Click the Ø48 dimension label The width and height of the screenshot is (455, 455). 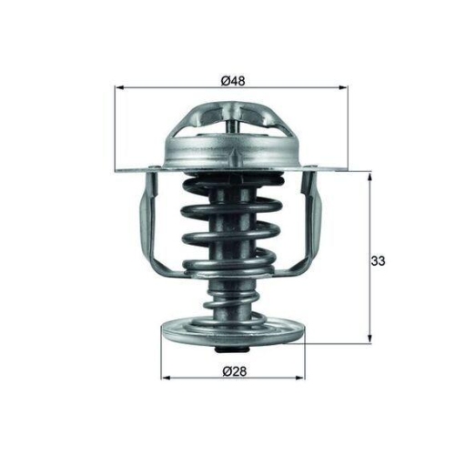[x=233, y=80]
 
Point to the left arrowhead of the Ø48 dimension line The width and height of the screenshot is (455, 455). [x=119, y=88]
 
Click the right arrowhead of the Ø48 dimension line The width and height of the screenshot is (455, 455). [x=346, y=88]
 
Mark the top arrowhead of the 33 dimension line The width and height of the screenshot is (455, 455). [x=369, y=175]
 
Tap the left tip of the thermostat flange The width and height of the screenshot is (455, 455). [x=122, y=169]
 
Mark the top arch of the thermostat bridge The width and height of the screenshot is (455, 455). [x=233, y=107]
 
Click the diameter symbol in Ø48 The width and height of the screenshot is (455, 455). [x=225, y=80]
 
